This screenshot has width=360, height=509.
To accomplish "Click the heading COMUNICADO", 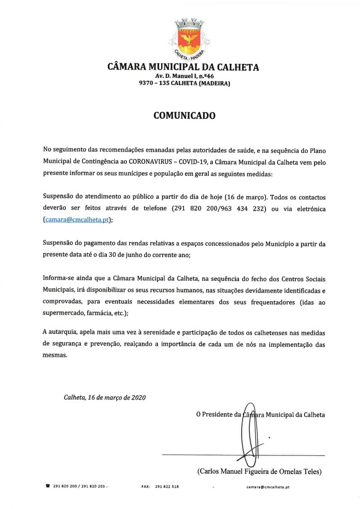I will [184, 116].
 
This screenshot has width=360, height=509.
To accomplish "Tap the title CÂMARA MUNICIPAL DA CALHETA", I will [183, 67].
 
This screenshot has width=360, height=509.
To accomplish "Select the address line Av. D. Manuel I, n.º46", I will [184, 76].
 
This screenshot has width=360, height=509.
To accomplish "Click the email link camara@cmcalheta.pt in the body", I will [77, 220].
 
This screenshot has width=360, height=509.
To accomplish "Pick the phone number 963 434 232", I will [235, 209].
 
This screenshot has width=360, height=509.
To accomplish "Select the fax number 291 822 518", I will [166, 487].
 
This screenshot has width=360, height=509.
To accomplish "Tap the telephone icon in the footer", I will [48, 487].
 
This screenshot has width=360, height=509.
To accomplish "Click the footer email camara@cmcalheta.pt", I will [268, 487].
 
